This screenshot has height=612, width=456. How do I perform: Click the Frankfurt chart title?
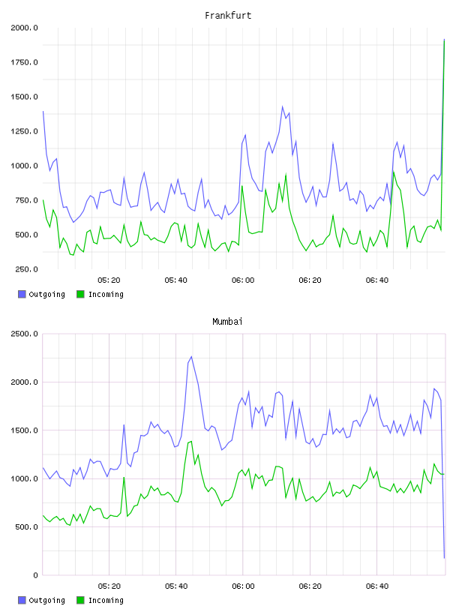coord(228,16)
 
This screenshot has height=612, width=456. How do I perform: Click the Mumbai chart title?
coord(227,322)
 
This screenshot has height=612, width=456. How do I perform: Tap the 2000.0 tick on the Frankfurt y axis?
coord(24,28)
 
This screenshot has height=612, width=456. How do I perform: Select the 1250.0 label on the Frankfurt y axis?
coord(24,131)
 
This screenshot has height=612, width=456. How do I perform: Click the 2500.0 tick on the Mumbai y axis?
coord(24,334)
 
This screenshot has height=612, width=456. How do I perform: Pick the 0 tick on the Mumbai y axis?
coord(35,575)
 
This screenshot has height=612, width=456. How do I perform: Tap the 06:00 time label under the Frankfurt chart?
coord(243,280)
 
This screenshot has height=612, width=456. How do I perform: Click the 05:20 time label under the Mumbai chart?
coord(109,586)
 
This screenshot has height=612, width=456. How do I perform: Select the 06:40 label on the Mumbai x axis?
coord(377,586)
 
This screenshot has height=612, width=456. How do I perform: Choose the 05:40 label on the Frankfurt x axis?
coord(175,280)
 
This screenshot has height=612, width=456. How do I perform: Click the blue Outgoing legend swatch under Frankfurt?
coord(22,294)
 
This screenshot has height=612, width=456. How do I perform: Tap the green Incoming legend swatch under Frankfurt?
coord(80,294)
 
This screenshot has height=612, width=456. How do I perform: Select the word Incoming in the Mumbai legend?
coord(106,600)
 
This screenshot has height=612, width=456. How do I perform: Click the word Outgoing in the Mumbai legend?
coord(46,600)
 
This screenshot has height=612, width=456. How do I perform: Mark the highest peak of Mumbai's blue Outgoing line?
coord(191,356)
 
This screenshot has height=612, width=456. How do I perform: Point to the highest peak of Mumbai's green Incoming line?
coord(191,442)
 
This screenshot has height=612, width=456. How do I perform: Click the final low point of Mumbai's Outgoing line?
coord(444,558)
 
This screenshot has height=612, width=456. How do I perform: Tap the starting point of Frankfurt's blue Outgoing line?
coord(43,111)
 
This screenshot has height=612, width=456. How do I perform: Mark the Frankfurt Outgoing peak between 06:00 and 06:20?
coord(283,106)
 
